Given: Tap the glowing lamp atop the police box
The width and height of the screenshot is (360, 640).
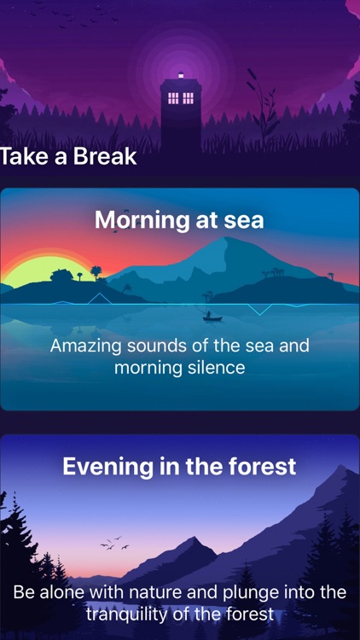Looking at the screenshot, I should pyautogui.click(x=180, y=76).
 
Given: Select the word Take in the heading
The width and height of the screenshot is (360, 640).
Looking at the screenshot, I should pyautogui.click(x=22, y=157).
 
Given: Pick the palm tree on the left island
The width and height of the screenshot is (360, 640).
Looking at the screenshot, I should pyautogui.click(x=96, y=272).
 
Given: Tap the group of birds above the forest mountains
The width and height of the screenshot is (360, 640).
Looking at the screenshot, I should pyautogui.click(x=113, y=543).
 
